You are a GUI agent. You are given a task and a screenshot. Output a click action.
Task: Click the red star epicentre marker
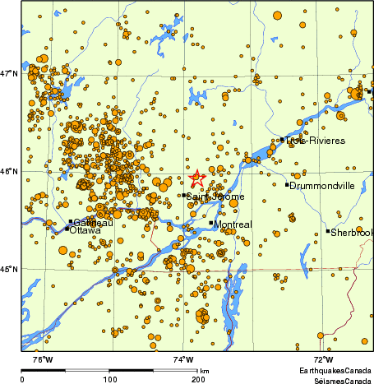point(196,178)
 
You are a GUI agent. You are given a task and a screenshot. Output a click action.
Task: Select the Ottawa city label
point(85,231)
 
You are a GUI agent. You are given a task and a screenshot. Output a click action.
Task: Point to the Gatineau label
point(93,223)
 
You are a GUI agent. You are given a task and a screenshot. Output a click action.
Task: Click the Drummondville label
point(322,186)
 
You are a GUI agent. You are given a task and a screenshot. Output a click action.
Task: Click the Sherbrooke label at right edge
point(352,233)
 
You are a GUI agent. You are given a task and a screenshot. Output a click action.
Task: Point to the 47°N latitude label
point(9,74)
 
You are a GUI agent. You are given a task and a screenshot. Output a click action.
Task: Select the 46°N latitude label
point(9,172)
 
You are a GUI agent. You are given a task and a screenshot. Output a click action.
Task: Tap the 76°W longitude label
point(43,359)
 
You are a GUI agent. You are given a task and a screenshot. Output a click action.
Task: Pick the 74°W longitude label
point(183,359)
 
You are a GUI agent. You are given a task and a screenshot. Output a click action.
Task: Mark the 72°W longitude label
point(323,359)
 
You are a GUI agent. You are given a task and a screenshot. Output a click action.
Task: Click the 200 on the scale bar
point(198,379)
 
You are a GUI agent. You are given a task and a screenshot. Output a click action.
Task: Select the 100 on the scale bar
point(109,379)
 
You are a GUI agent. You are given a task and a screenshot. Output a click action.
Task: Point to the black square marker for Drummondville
point(287,185)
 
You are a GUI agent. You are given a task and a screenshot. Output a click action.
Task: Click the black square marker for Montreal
point(211,223)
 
